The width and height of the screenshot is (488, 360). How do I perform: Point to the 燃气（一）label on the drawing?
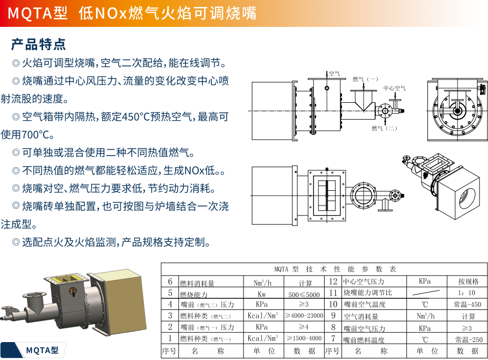click(x=366, y=79)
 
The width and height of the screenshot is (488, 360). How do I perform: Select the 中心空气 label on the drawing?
click(x=395, y=88)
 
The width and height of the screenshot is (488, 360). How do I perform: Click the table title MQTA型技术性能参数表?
click(x=324, y=269)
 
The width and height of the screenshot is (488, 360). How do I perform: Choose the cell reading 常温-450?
click(x=467, y=305)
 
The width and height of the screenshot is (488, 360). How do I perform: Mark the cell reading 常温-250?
click(x=467, y=339)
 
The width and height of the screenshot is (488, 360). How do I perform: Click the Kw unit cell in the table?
click(x=262, y=294)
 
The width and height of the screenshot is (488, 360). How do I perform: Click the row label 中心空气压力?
click(x=363, y=282)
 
